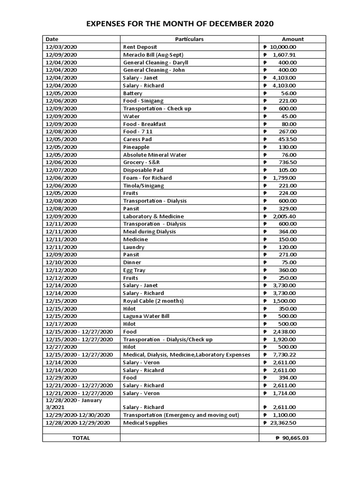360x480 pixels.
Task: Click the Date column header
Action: click(x=52, y=39)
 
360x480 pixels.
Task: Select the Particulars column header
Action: click(x=189, y=39)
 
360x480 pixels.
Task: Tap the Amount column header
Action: click(x=292, y=39)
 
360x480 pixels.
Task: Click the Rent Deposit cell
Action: click(x=140, y=47)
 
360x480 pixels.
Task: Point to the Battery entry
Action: click(x=132, y=93)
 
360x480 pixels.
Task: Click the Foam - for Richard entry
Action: click(x=147, y=178)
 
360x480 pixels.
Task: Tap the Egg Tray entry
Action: click(x=134, y=270)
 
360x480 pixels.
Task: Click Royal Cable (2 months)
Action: click(x=153, y=300)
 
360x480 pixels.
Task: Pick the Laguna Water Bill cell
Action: click(x=146, y=316)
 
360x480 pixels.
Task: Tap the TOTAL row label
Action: click(x=81, y=438)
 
